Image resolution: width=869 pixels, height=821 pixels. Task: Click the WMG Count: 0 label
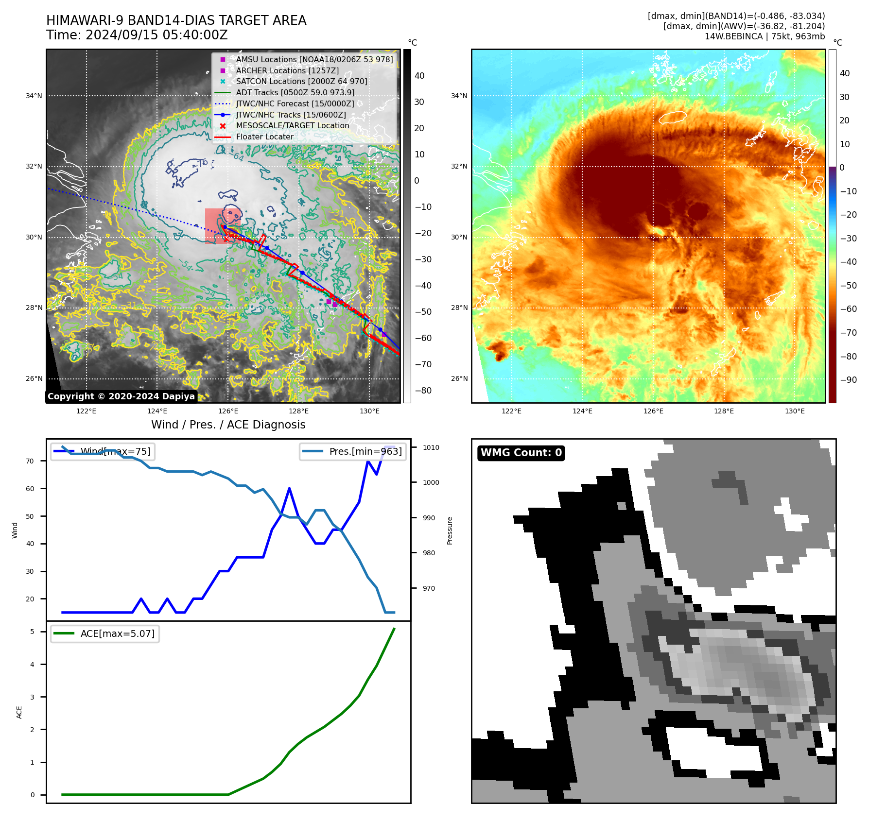coord(521,453)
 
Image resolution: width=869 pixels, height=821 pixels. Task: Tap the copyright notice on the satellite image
coord(121,396)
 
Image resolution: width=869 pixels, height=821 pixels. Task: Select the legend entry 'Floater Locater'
coord(264,137)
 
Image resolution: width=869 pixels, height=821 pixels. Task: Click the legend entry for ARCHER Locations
coord(287,70)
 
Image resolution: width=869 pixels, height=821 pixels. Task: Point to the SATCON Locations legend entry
coord(301,82)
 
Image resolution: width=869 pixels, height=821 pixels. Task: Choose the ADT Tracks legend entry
coord(295,92)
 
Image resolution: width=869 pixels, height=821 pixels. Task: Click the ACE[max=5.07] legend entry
coord(117,634)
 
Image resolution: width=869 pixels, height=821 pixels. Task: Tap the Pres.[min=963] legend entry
coord(365,451)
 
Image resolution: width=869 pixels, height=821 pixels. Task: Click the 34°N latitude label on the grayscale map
coord(34,96)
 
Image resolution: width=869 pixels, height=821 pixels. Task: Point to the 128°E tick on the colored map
coord(724,411)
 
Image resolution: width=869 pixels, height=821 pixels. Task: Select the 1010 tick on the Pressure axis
coord(431,447)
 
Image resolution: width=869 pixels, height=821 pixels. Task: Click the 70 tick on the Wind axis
coord(30,461)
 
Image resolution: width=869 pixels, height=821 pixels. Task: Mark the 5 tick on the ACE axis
coord(33,632)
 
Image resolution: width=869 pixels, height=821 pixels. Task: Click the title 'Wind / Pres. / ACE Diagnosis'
coord(228,425)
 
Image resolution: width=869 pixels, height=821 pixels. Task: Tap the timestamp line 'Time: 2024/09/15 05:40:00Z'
coord(137,35)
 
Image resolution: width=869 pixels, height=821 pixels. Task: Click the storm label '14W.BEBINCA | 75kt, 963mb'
coord(765,36)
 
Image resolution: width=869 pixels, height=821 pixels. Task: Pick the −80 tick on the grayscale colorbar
coord(423,391)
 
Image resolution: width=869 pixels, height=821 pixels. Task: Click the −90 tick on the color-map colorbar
coord(848,380)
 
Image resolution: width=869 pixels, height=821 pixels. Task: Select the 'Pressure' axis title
coord(450,530)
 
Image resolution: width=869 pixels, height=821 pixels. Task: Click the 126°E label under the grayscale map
coord(228,411)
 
